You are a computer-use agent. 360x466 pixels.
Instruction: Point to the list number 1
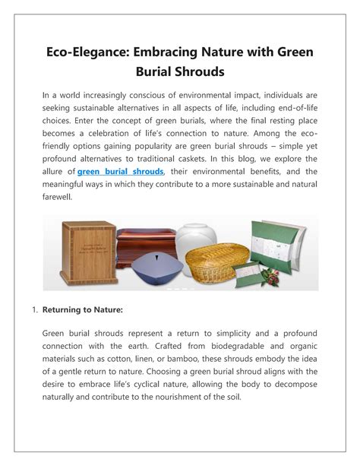34,310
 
